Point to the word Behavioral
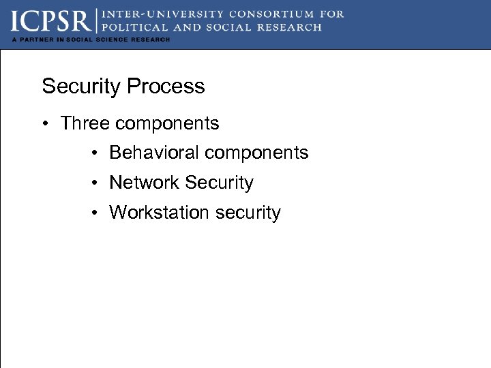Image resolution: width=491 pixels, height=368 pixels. [x=154, y=153]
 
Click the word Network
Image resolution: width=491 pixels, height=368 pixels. [x=145, y=183]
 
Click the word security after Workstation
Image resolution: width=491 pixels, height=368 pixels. [x=248, y=213]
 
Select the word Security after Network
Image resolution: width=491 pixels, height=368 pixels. [x=219, y=183]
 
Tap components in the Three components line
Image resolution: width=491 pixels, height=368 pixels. [x=167, y=123]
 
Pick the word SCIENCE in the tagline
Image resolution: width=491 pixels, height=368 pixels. [x=110, y=40]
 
